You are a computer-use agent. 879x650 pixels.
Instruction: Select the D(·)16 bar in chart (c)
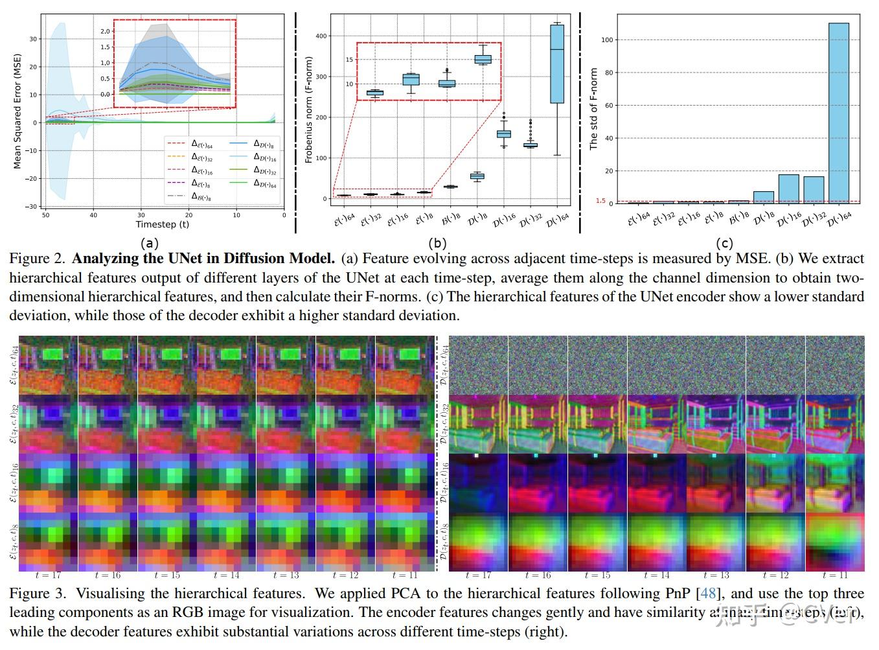pos(788,189)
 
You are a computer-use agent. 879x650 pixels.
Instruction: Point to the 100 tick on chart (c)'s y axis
pos(607,40)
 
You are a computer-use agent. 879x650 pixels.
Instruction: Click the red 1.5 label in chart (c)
pos(600,201)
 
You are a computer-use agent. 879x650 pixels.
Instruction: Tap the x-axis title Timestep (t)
pos(163,224)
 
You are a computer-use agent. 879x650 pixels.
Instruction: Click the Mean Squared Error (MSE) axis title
pos(17,111)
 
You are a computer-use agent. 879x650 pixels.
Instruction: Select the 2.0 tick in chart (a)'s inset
pos(106,31)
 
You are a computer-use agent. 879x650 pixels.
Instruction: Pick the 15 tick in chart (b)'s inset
pos(349,60)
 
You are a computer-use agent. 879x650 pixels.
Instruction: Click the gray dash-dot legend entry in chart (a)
pos(196,196)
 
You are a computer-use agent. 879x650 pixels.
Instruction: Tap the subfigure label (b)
pos(439,244)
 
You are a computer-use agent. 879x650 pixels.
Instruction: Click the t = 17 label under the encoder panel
pos(47,575)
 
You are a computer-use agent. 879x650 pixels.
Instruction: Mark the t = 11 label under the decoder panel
pos(834,575)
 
